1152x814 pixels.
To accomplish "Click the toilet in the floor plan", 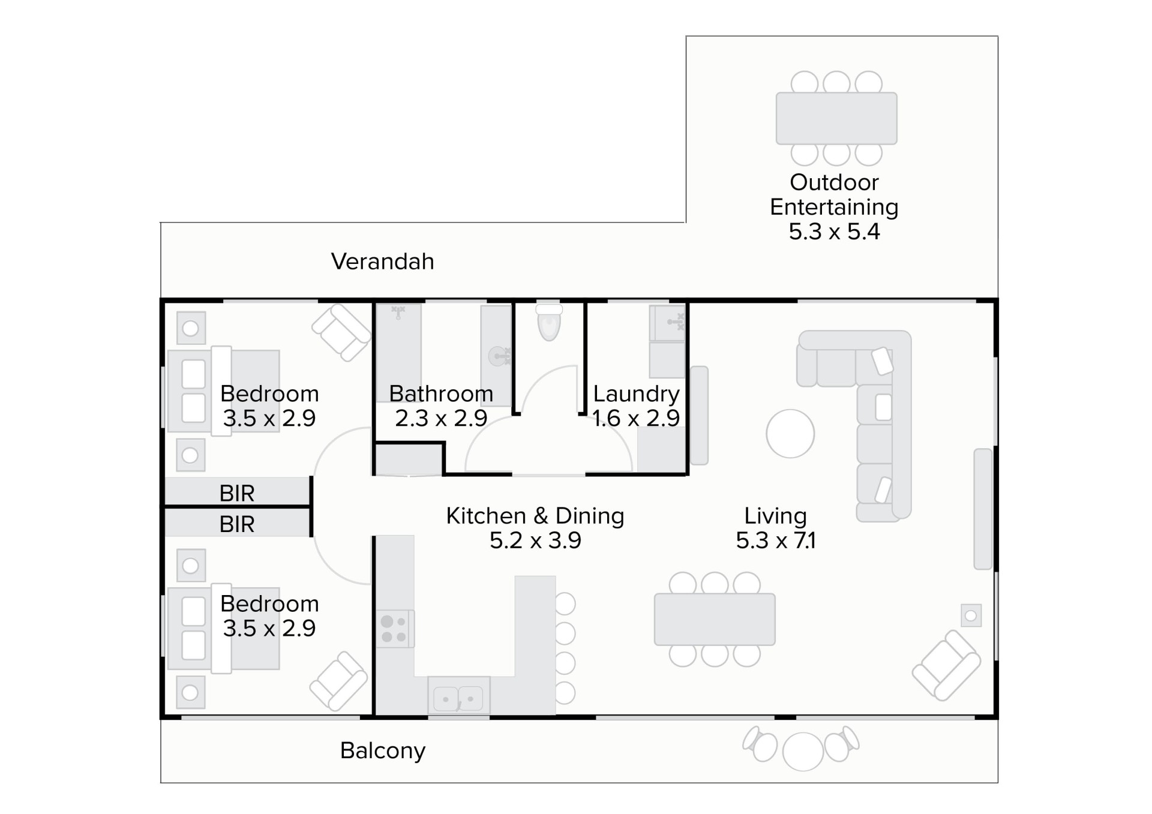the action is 549,322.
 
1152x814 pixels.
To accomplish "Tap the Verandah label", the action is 382,262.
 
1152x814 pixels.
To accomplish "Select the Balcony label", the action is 383,750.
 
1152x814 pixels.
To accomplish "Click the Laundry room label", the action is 636,394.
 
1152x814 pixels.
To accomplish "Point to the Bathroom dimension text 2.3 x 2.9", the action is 441,418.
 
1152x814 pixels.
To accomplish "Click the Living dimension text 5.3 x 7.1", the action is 776,540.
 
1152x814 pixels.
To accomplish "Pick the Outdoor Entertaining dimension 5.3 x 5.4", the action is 834,232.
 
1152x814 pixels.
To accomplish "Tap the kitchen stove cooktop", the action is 395,629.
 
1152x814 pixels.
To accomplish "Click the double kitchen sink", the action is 458,696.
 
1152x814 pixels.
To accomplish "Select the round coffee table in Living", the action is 790,434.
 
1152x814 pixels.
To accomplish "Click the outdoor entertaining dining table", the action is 836,118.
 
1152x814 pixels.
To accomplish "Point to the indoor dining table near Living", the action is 715,620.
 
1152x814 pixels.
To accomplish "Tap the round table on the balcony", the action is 803,752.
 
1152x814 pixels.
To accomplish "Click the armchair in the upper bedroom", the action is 341,332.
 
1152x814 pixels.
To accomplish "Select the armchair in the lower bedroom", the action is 339,681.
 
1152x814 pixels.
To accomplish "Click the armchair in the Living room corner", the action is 946,665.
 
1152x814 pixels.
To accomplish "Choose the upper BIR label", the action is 237,494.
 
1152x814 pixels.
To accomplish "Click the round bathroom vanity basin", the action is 499,356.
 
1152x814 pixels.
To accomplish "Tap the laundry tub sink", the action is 668,323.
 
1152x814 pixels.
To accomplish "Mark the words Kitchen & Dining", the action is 535,516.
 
